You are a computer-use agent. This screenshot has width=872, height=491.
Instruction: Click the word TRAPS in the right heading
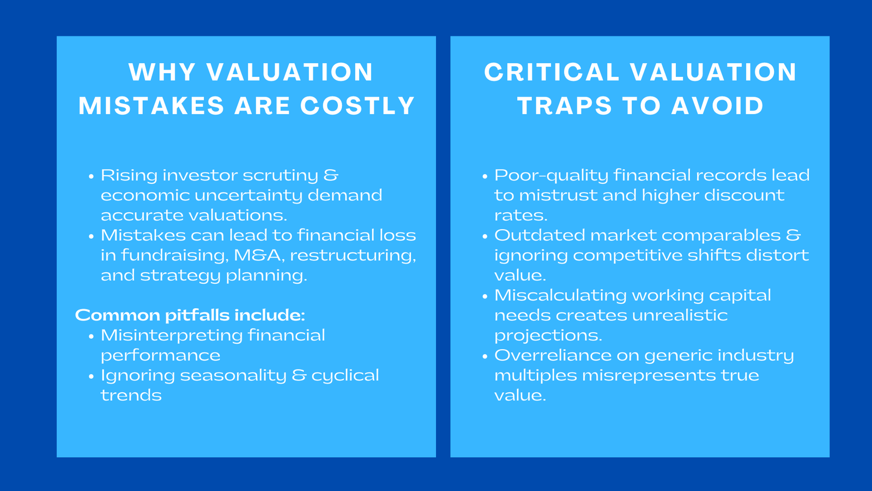(x=564, y=106)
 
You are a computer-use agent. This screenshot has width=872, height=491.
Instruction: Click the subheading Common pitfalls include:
(x=190, y=315)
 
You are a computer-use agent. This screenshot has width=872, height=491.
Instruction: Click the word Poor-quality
(x=550, y=176)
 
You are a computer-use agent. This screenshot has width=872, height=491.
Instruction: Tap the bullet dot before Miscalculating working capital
(x=485, y=297)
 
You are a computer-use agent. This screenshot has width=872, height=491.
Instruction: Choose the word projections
(x=548, y=336)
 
